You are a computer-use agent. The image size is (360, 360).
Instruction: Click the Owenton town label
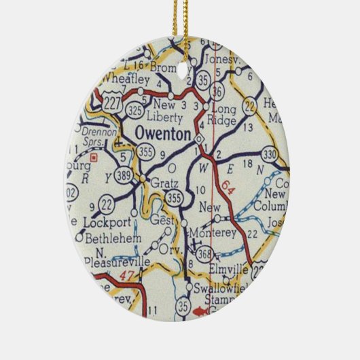163,134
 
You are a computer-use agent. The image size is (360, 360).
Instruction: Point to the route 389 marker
124,176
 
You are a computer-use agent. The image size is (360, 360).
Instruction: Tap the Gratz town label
164,184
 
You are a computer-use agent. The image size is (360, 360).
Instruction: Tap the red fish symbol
200,312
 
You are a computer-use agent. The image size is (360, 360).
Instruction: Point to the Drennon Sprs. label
101,138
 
